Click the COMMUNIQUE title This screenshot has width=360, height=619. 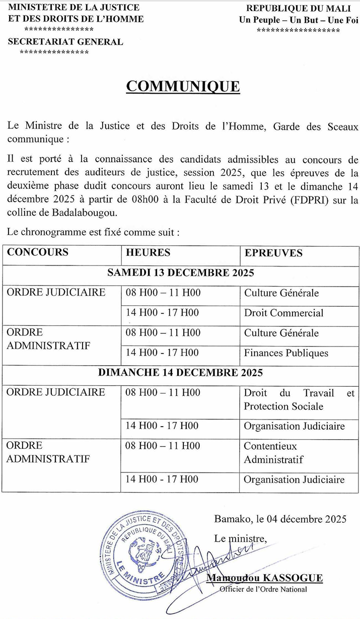pyautogui.click(x=183, y=86)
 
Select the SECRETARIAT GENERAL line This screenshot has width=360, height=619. pyautogui.click(x=65, y=42)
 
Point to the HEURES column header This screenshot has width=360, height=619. pyautogui.click(x=148, y=252)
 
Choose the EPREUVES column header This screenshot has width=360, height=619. pyautogui.click(x=273, y=253)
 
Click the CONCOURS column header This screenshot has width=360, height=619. pyautogui.click(x=38, y=252)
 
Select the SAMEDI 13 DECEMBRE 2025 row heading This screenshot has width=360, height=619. pyautogui.click(x=180, y=273)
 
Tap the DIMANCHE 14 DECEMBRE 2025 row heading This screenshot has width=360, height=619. pyautogui.click(x=180, y=373)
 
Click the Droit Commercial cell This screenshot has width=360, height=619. pyautogui.click(x=283, y=313)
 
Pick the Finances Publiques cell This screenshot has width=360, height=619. pyautogui.click(x=286, y=353)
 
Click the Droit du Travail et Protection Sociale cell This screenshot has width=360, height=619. pyautogui.click(x=299, y=399)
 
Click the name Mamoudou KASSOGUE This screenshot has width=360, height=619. pyautogui.click(x=264, y=578)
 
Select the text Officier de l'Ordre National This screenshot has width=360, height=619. pyautogui.click(x=263, y=589)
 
